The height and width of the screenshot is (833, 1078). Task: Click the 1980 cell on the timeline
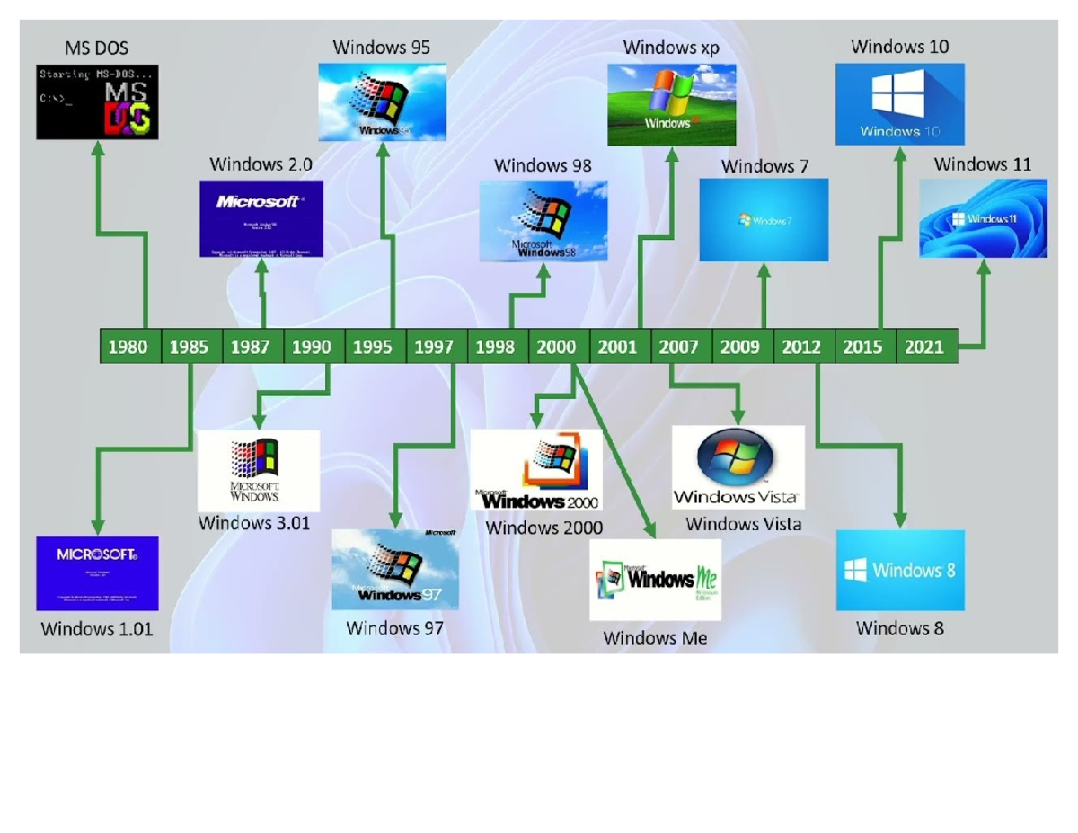[129, 347]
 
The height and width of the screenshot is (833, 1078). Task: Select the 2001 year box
[619, 347]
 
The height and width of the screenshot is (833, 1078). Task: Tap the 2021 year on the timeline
[925, 347]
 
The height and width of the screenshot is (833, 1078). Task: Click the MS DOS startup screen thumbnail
[97, 102]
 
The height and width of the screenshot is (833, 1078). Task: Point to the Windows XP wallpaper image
[671, 104]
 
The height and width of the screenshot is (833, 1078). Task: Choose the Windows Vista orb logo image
[738, 467]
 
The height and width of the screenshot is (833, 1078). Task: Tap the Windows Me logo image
[655, 580]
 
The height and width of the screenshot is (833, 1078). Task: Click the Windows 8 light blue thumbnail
[900, 571]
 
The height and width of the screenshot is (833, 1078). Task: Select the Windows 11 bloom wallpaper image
[983, 218]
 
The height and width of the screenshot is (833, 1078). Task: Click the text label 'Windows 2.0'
[261, 164]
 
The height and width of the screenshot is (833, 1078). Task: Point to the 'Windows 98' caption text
[543, 165]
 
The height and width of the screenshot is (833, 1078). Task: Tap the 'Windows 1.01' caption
[97, 629]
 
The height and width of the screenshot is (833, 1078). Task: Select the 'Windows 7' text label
[764, 166]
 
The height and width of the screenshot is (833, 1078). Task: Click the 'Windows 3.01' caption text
[254, 523]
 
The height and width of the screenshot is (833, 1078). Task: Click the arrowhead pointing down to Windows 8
[900, 519]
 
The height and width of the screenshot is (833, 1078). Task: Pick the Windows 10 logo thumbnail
[899, 104]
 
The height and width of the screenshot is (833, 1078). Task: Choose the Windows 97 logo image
[395, 570]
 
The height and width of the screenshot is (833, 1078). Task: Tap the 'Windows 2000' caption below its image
[544, 527]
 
